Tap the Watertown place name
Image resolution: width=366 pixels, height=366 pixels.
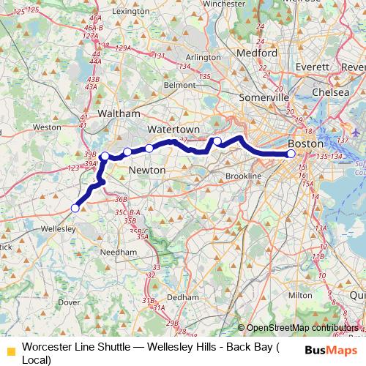[169, 128]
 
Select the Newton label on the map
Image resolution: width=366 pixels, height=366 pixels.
[146, 170]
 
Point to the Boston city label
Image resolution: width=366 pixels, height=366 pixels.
[306, 143]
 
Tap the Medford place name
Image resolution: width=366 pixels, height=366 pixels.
[256, 53]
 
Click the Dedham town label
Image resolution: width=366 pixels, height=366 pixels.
[182, 298]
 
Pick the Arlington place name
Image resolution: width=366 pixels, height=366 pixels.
[203, 56]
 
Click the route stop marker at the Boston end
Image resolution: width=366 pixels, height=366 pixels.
[291, 154]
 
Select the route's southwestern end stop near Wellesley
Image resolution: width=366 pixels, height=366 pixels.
[75, 208]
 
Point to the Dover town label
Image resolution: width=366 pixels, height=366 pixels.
[69, 302]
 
